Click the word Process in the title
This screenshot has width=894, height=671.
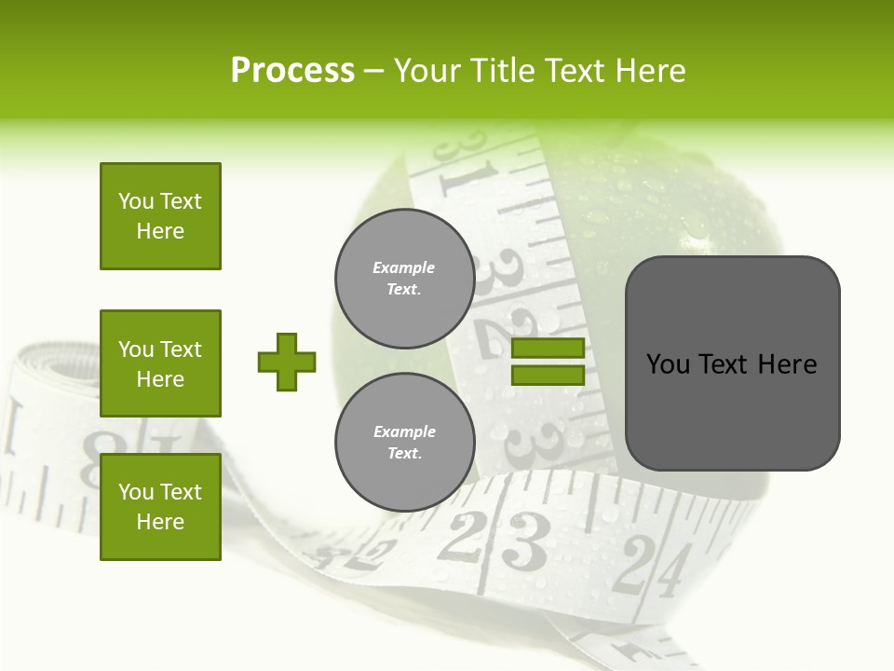coord(292,71)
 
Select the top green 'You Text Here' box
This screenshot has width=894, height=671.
coord(160,216)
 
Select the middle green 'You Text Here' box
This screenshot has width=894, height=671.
coord(160,363)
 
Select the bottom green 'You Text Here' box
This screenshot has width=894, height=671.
coord(160,507)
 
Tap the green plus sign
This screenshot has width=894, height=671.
coord(287,362)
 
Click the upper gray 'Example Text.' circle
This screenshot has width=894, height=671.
coord(404,279)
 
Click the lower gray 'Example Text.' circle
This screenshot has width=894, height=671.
coord(404,443)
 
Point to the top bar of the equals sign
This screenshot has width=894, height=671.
coord(548,349)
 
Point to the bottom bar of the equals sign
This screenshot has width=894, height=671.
coord(548,375)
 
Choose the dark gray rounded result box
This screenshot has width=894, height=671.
coord(732,363)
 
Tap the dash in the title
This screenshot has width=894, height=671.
coord(374,71)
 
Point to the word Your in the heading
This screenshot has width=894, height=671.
coord(429,71)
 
